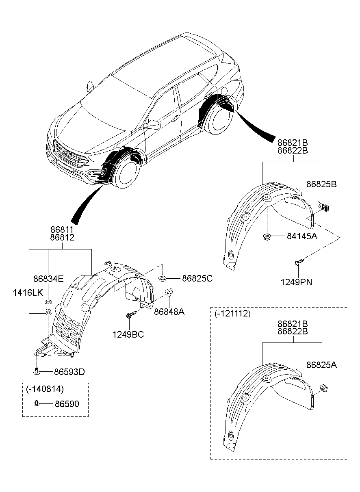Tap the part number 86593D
[69, 372]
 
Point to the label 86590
[67, 404]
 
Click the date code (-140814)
[45, 389]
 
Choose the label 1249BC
[128, 334]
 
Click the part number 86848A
[169, 312]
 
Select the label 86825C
[197, 279]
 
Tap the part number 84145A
[302, 236]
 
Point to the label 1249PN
[296, 282]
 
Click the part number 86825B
[321, 184]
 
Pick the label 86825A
[321, 365]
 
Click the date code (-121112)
[232, 313]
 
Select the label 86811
[62, 230]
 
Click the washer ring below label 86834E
[48, 302]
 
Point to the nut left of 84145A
[267, 236]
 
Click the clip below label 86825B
[323, 206]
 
